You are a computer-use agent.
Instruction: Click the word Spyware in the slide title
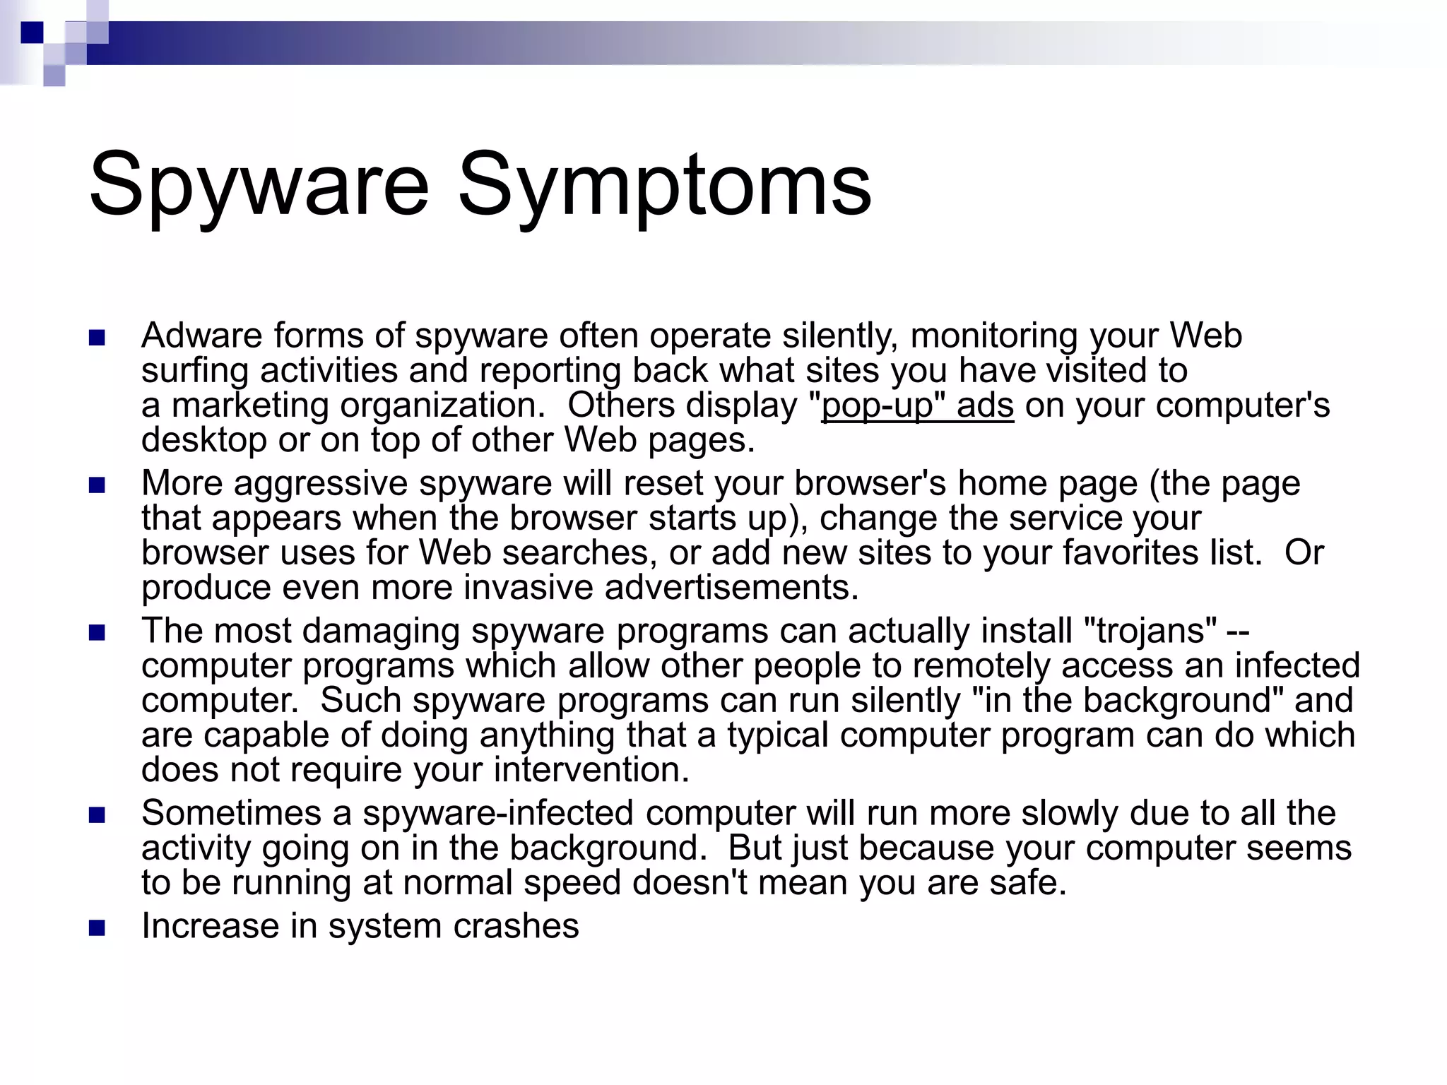click(259, 185)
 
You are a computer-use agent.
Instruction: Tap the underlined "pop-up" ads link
click(917, 406)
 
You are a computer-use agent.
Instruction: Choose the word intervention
click(591, 770)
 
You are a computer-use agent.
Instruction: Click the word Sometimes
click(231, 813)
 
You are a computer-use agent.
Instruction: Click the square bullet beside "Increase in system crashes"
click(97, 927)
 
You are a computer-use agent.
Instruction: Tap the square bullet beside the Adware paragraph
click(97, 338)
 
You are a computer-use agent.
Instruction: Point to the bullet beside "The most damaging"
click(97, 632)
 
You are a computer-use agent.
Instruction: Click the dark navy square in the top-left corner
click(32, 32)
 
